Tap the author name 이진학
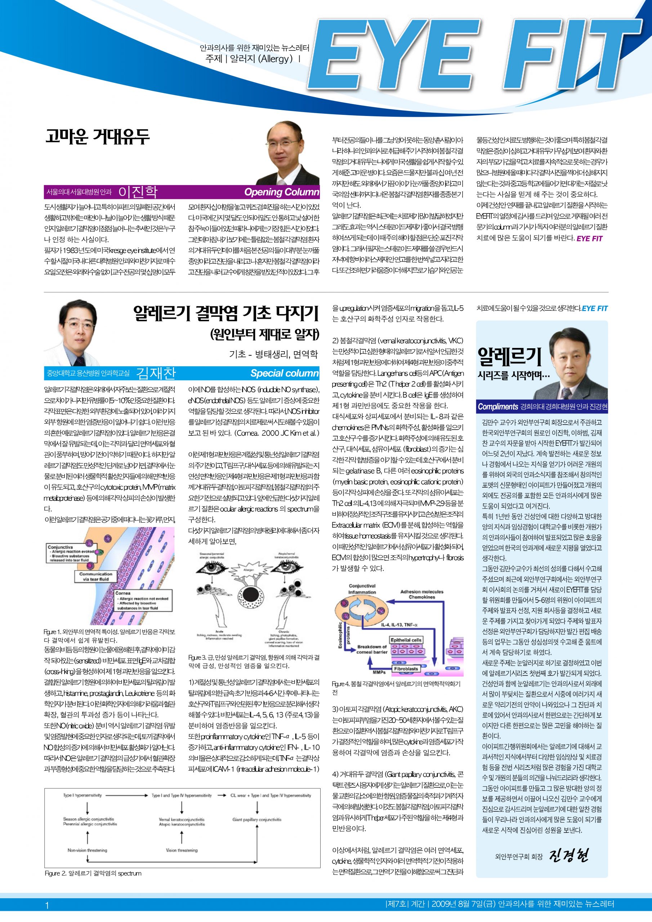coord(138,192)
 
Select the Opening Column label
coord(282,192)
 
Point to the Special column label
coord(285,373)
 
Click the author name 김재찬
coord(156,373)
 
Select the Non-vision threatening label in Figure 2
coord(87,850)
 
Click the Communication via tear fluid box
coord(95,577)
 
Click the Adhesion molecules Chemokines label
coord(422,594)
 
